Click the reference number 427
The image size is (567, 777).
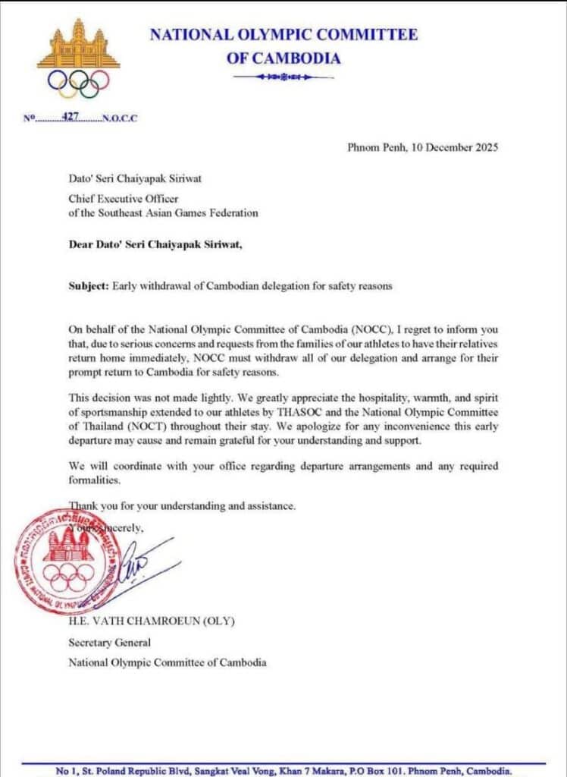click(x=70, y=118)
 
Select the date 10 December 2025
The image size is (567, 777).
click(x=454, y=148)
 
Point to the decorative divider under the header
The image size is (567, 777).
click(x=283, y=77)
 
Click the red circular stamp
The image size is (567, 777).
click(x=68, y=560)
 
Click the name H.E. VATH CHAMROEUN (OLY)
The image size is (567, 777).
click(x=152, y=621)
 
